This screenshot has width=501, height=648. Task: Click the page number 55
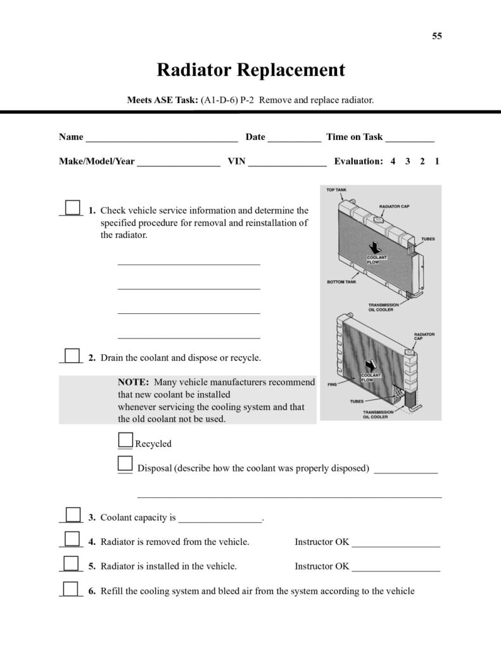pos(437,36)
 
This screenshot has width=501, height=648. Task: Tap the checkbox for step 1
pos(73,208)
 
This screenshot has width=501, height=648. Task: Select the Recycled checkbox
pos(126,440)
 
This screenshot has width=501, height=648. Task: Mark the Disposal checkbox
pos(125,464)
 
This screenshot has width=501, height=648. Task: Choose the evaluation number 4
pos(393,161)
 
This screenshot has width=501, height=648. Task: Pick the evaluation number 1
pos(437,161)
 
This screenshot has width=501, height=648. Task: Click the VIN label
pos(236,161)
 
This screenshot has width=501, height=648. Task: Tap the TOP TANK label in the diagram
pos(336,190)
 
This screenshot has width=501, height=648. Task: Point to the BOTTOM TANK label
pos(341,282)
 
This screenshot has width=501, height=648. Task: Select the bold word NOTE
pos(133,382)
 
